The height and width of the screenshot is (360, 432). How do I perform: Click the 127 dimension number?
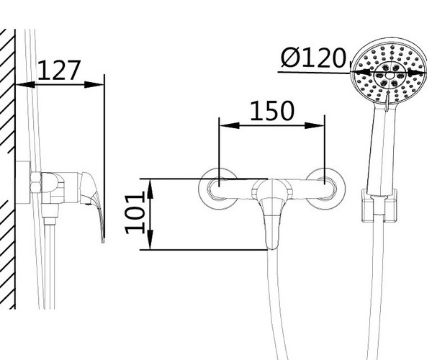(x=59, y=71)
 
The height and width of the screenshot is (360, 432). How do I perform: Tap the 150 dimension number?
(x=272, y=111)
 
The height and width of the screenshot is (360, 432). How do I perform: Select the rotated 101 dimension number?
(x=135, y=214)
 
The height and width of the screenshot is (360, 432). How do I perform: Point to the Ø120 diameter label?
(x=313, y=58)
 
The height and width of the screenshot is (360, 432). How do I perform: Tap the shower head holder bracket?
(x=379, y=205)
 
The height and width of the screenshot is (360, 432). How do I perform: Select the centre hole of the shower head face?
(x=389, y=75)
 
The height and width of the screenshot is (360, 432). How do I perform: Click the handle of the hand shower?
(x=384, y=149)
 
